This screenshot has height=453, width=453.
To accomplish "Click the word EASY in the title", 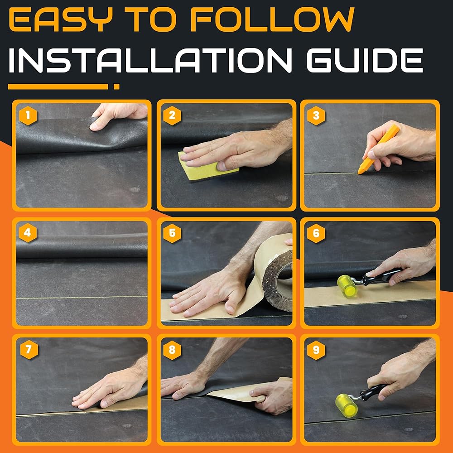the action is coord(61,19).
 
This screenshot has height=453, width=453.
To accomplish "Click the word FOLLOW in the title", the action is coord(272,19).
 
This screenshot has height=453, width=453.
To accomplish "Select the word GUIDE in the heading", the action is coord(365,60).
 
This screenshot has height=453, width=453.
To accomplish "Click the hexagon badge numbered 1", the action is coord(28,116).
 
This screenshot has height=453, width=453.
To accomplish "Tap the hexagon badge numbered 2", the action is coord(172,116).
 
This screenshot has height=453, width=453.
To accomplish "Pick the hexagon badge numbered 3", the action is coord(316,116).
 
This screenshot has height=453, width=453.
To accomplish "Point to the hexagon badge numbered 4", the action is coord(28,233).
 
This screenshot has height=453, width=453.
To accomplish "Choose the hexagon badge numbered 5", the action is coord(172,233).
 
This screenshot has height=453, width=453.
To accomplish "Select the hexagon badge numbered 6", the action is coord(316,233).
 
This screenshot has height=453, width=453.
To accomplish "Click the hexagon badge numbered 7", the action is coord(29,350).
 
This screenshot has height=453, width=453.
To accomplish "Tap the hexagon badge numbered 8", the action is coord(172,350).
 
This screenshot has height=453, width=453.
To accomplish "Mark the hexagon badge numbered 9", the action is coord(316,350).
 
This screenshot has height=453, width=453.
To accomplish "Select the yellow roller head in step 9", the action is coord(347,405).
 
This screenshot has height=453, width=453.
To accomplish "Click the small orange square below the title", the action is coord(116,87).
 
